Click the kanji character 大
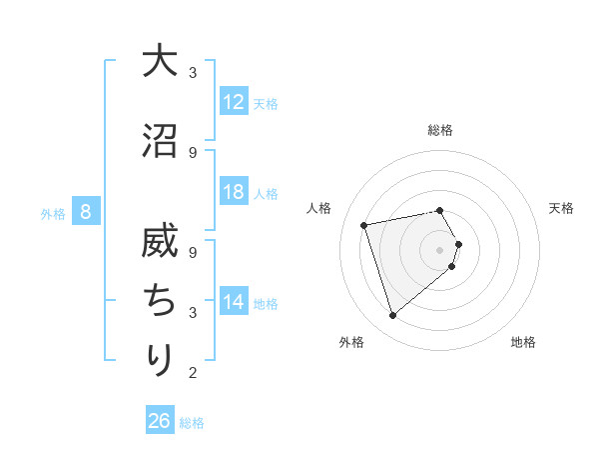pos(160,61)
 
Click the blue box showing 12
pos(234,102)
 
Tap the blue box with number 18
pos(234,192)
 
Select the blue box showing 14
pos(234,302)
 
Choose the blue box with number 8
pos(86,212)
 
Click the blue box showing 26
pos(160,421)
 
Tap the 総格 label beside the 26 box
pos(192,423)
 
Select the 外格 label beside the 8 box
pos(53,213)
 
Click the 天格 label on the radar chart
pos(561,208)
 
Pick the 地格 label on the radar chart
pos(523,342)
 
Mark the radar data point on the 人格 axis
pos(364,225)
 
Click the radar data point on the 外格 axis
pos(392,315)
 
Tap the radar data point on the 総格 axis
pos(439,210)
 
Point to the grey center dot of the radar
pos(439,249)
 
